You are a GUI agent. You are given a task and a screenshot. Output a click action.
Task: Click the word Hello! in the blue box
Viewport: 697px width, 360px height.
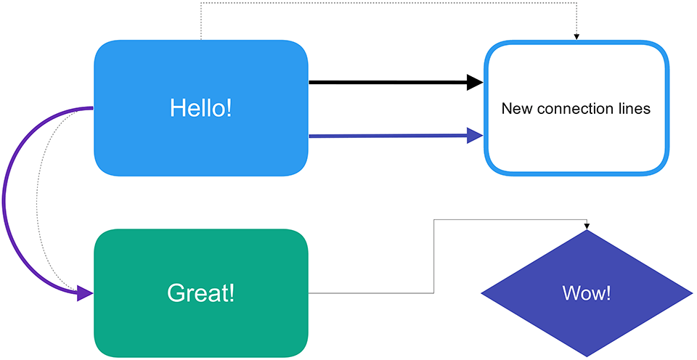[201, 108]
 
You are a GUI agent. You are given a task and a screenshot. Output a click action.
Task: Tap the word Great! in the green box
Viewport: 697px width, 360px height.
[200, 293]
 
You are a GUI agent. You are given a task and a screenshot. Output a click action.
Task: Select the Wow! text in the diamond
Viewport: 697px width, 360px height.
[587, 293]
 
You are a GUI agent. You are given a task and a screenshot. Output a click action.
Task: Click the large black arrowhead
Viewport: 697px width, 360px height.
[475, 82]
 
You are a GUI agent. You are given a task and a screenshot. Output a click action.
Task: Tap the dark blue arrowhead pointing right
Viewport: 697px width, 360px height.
[475, 136]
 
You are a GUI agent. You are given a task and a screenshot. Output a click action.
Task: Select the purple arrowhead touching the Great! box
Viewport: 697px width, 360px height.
[85, 293]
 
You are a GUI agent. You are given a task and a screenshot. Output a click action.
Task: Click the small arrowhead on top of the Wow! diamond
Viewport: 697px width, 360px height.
[587, 226]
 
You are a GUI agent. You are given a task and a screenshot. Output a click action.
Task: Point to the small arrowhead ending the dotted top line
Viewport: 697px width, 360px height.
[576, 37]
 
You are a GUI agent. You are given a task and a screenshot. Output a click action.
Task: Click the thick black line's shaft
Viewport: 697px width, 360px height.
[388, 82]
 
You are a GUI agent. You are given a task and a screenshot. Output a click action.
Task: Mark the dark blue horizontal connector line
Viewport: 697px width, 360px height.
[388, 136]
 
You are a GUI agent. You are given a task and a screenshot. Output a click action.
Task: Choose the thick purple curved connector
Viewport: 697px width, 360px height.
[4, 200]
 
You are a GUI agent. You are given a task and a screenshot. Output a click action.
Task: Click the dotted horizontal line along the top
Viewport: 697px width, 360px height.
[388, 3]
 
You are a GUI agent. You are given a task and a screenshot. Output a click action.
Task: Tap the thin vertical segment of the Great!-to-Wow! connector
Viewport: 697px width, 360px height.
[433, 256]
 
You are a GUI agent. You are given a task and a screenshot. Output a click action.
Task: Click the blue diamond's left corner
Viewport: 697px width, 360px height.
[481, 293]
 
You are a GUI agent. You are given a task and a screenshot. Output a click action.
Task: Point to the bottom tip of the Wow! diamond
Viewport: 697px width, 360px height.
[587, 356]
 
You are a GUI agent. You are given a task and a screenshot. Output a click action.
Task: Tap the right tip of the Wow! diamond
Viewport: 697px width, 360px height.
[693, 293]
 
